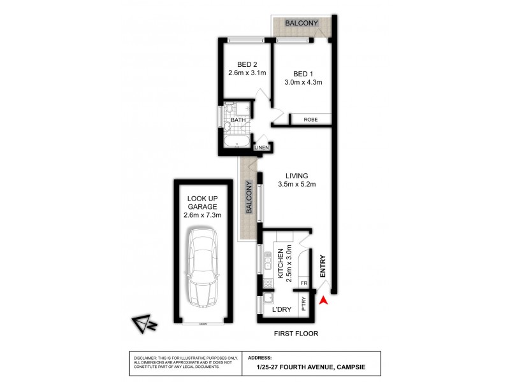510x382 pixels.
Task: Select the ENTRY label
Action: (323, 265)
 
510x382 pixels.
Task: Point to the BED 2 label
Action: (247, 65)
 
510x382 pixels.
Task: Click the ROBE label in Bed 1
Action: (310, 119)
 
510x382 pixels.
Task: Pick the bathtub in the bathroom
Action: (238, 142)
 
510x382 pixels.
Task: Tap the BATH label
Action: (239, 120)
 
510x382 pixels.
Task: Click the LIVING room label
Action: (297, 176)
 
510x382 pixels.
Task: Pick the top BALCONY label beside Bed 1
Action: (302, 24)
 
